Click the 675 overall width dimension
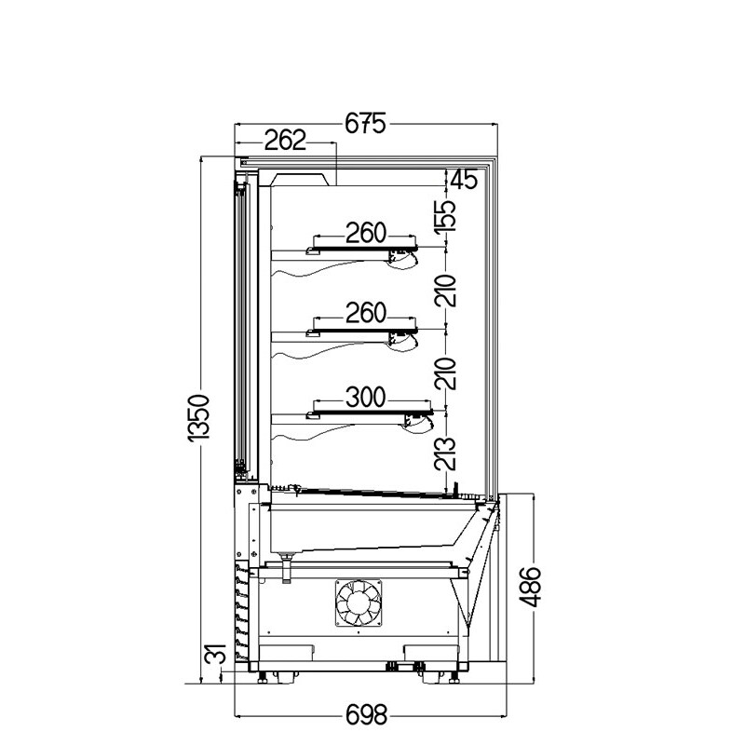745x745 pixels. pyautogui.click(x=365, y=124)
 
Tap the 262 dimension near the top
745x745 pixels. pyautogui.click(x=285, y=141)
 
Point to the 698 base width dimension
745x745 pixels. pyautogui.click(x=366, y=714)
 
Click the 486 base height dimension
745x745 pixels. pyautogui.click(x=530, y=587)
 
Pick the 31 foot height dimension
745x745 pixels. pyautogui.click(x=215, y=655)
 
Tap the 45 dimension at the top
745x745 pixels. pyautogui.click(x=464, y=179)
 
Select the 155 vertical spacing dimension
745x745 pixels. pyautogui.click(x=445, y=216)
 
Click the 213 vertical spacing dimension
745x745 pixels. pyautogui.click(x=445, y=454)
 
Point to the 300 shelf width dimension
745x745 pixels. pyautogui.click(x=365, y=398)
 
